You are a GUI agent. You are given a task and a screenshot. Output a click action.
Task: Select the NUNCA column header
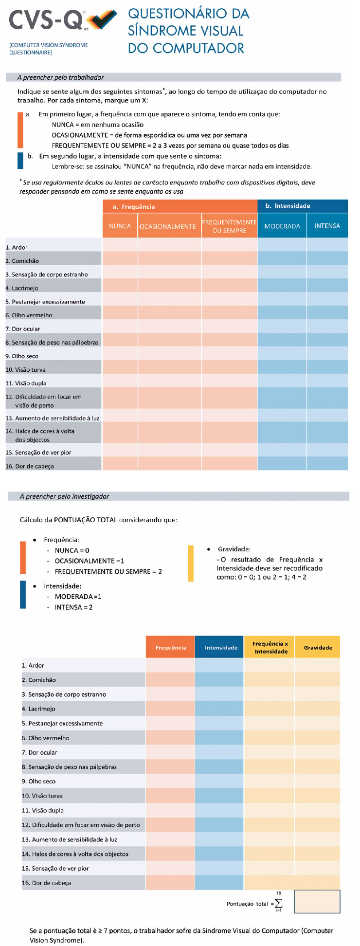(x=120, y=226)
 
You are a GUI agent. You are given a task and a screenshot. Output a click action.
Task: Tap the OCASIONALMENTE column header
(x=168, y=226)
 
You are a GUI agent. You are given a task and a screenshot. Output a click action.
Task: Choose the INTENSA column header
(x=327, y=226)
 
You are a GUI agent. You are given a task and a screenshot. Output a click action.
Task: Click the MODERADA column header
(x=282, y=226)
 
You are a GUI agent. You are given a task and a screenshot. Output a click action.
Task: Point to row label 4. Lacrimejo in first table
(x=22, y=288)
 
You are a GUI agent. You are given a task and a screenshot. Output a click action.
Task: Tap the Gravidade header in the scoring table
(x=318, y=648)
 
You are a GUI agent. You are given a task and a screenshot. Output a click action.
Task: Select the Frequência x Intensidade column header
(x=270, y=648)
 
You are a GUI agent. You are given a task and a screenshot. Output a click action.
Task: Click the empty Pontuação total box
(x=317, y=902)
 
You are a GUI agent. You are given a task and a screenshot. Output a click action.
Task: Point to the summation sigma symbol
(x=278, y=904)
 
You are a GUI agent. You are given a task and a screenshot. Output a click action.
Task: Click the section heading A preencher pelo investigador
(x=64, y=496)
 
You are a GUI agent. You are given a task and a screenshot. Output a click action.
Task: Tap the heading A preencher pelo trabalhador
(x=60, y=77)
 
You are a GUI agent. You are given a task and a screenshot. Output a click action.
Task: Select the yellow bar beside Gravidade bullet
(x=191, y=564)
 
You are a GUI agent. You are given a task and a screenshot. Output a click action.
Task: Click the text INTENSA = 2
(x=73, y=607)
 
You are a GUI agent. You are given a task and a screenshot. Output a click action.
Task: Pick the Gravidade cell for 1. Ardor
(x=317, y=665)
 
